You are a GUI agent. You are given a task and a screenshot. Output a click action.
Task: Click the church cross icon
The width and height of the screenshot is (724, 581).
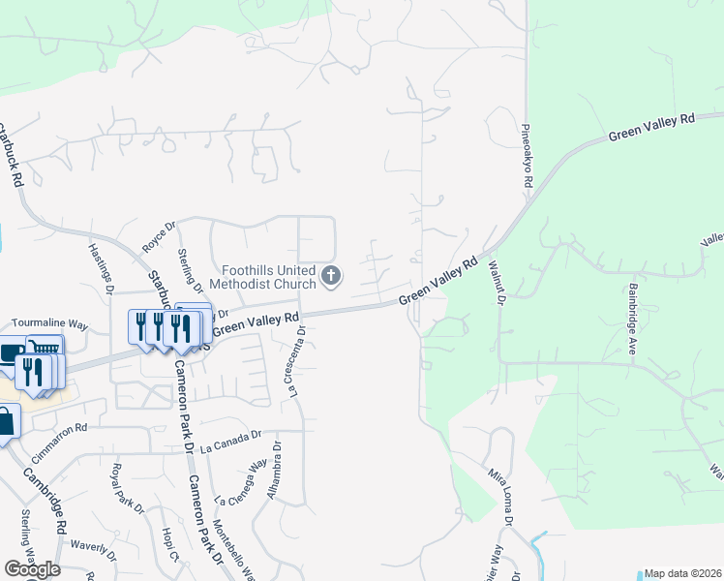coord(332,277)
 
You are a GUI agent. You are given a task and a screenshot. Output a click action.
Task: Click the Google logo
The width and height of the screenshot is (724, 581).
coord(31,569)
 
